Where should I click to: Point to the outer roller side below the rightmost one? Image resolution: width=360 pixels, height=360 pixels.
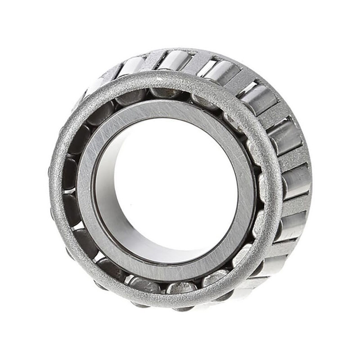(290, 223)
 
